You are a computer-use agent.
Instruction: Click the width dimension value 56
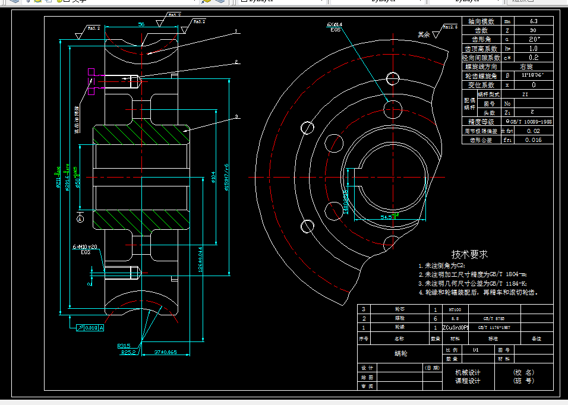[141, 24]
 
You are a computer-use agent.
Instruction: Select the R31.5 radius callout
[124, 344]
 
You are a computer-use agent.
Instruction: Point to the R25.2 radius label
[128, 352]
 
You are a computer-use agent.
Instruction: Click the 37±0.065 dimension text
[164, 352]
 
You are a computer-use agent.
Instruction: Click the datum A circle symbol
[81, 219]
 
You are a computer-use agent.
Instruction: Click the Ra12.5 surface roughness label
[450, 27]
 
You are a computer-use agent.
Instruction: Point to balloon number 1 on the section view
[236, 30]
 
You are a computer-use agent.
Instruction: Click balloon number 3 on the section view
[236, 116]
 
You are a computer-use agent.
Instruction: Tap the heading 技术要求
[470, 254]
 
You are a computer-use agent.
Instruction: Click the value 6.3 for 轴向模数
[533, 21]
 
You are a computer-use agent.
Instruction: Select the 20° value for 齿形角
[533, 39]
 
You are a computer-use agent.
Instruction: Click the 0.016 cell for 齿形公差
[533, 140]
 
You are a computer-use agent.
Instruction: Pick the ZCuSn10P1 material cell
[456, 327]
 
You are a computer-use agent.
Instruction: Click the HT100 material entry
[455, 309]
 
